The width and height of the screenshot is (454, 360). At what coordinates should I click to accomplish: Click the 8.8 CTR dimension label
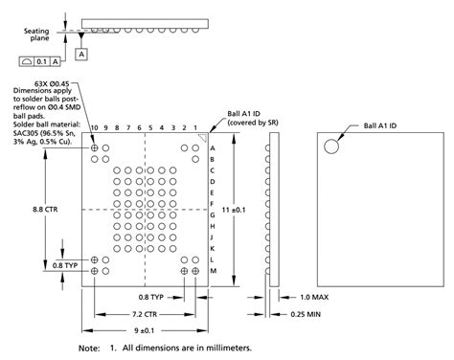pyautogui.click(x=45, y=210)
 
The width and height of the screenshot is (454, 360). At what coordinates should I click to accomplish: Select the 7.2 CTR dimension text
pyautogui.click(x=145, y=314)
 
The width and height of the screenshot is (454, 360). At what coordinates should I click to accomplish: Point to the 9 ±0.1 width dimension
pyautogui.click(x=145, y=330)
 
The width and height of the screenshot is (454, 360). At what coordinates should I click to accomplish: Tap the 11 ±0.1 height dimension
pyautogui.click(x=234, y=210)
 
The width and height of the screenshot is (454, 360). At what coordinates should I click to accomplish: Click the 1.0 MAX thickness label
pyautogui.click(x=314, y=297)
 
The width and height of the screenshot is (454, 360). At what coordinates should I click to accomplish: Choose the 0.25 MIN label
pyautogui.click(x=306, y=314)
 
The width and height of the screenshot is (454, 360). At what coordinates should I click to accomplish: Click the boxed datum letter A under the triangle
pyautogui.click(x=81, y=55)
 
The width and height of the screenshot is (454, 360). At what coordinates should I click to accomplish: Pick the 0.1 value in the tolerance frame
pyautogui.click(x=41, y=61)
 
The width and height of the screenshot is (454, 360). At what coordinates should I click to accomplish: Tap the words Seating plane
pyautogui.click(x=36, y=34)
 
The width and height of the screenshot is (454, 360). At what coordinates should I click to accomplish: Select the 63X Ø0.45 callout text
pyautogui.click(x=52, y=84)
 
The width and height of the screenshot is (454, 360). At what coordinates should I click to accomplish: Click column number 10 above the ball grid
pyautogui.click(x=94, y=127)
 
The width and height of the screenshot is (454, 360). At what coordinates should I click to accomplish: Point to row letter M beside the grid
pyautogui.click(x=214, y=271)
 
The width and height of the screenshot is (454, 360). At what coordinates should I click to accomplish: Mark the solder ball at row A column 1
pyautogui.click(x=195, y=147)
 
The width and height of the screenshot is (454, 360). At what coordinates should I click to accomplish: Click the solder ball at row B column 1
pyautogui.click(x=195, y=159)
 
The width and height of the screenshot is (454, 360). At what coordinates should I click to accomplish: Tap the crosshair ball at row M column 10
pyautogui.click(x=94, y=271)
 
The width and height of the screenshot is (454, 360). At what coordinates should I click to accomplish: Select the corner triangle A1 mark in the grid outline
pyautogui.click(x=203, y=138)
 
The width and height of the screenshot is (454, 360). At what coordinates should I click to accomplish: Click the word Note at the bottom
pyautogui.click(x=89, y=349)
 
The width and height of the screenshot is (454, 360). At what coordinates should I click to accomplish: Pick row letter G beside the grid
pyautogui.click(x=213, y=215)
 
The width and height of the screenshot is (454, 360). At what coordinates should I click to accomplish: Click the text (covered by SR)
pyautogui.click(x=253, y=123)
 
